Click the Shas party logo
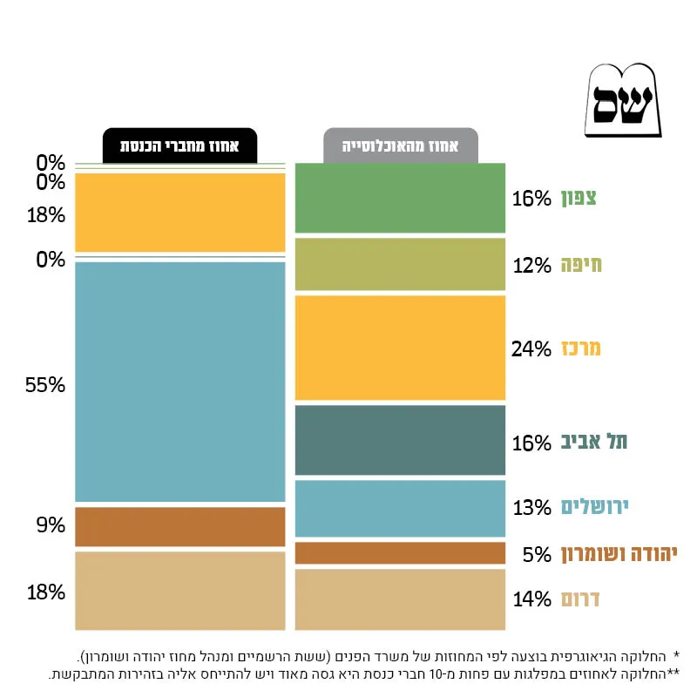pos(623,100)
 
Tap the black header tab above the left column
pos(180,145)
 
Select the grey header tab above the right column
pos(401,145)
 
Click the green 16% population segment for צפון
pos(400,198)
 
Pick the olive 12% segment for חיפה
pos(400,264)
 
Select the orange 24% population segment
pos(400,348)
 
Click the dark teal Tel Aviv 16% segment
pos(400,440)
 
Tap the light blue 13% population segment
pos(400,509)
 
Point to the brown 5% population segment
pos(400,553)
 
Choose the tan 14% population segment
pos(400,599)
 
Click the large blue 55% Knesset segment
pos(180,382)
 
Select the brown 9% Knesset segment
pos(180,527)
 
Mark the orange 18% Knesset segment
pos(180,213)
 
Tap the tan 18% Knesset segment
pos(180,591)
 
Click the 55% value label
pos(45,385)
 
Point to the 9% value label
pos(51,525)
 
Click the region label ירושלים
pos(594,507)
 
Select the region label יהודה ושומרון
pos(619,554)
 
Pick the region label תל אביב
pos(594,442)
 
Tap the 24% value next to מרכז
pos(531,349)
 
